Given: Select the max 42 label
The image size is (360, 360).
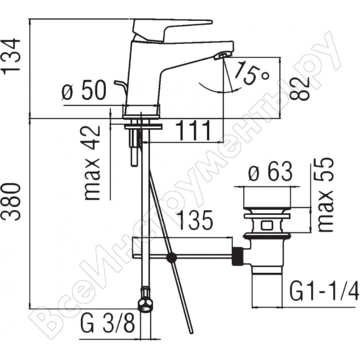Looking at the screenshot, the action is (x=93, y=163).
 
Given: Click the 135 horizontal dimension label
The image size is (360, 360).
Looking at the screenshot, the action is (x=195, y=220).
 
